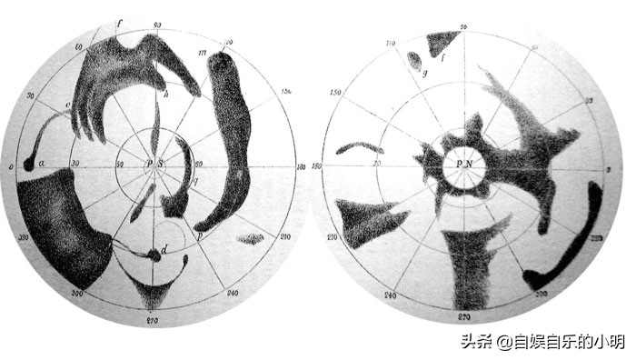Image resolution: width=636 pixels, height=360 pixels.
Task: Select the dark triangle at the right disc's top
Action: click(x=442, y=41)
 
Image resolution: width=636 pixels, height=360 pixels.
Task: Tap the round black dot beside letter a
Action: click(x=28, y=165)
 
